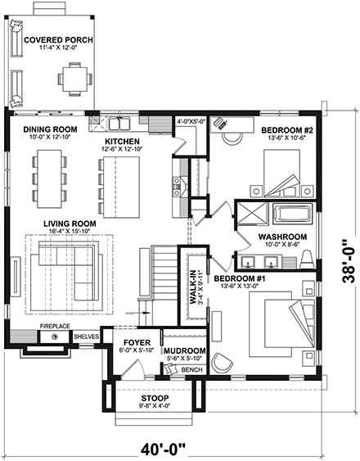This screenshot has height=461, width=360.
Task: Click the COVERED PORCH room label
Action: coord(57,40)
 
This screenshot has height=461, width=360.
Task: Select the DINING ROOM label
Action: coord(49,129)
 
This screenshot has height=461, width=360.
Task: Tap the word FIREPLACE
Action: coord(53,325)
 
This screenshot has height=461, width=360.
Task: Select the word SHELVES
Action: coord(86,337)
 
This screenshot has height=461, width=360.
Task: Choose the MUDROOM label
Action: coord(183,336)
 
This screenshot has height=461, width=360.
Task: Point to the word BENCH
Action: coord(191,370)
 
